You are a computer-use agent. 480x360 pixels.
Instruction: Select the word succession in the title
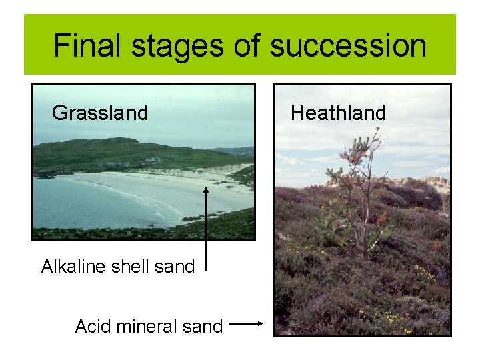tap(349, 45)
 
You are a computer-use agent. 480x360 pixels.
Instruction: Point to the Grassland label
tap(100, 113)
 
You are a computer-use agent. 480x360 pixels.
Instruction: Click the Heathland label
tap(339, 113)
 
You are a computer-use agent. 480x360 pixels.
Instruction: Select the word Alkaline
tap(73, 267)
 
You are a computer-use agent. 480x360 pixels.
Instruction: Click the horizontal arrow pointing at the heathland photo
tap(249, 325)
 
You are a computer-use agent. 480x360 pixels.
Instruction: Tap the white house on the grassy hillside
tap(155, 160)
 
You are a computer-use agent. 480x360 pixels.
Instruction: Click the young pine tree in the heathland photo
tap(360, 193)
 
